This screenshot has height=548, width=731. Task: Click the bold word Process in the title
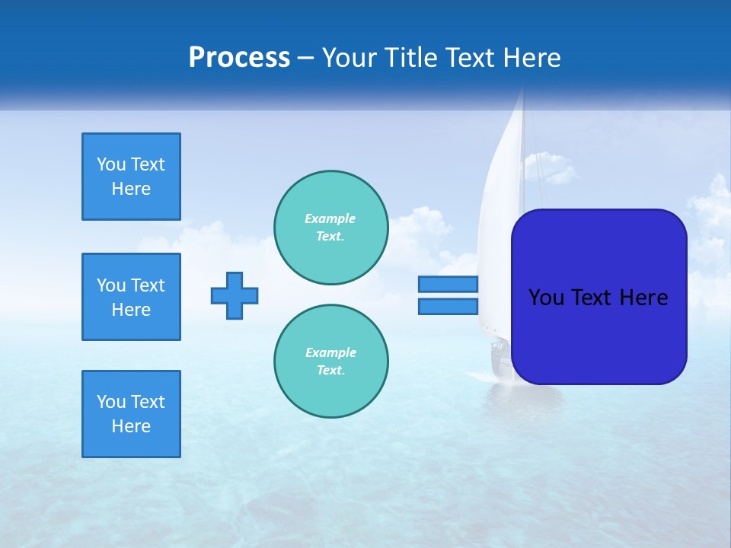239,57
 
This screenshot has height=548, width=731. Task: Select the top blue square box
131,177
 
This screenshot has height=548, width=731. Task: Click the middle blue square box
131,297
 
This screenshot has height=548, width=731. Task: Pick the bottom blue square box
131,414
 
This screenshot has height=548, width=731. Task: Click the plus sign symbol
235,295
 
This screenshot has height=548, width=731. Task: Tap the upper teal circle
331,228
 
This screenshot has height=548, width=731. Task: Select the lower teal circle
331,362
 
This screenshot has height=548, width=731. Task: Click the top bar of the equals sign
448,285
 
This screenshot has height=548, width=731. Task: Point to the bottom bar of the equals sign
448,306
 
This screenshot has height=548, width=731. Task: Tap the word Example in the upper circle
330,218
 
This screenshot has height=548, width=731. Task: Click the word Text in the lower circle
330,371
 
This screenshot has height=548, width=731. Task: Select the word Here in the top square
131,189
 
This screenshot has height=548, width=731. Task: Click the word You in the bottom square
111,402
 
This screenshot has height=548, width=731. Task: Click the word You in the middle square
111,285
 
